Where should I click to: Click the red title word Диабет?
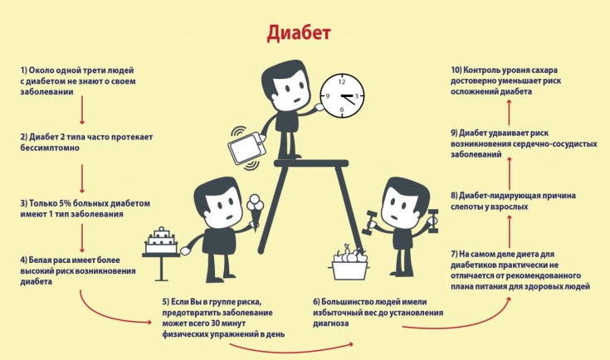299,33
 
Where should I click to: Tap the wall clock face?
342,95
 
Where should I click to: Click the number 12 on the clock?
342,82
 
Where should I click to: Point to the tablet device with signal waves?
246,148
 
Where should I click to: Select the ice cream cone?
256,213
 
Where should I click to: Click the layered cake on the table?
161,241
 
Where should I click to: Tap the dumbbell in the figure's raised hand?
433,221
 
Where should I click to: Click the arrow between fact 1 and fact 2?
81,110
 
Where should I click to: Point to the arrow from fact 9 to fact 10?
510,113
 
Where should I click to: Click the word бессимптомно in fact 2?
50,148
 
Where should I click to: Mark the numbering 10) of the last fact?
456,71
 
